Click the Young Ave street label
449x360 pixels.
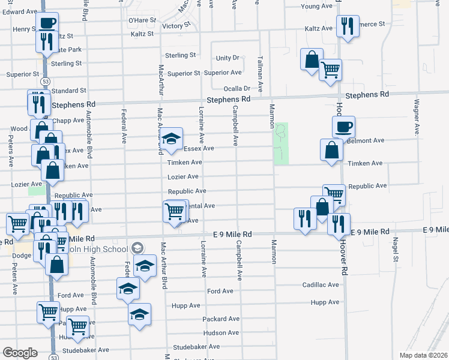pyautogui.click(x=316, y=6)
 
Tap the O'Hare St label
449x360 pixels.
pyautogui.click(x=142, y=20)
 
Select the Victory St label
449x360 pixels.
pyautogui.click(x=176, y=26)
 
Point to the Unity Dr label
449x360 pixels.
pyautogui.click(x=228, y=58)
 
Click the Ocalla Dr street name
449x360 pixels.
pyautogui.click(x=237, y=88)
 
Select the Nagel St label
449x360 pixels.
pyautogui.click(x=396, y=250)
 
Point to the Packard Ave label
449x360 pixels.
pyautogui.click(x=221, y=319)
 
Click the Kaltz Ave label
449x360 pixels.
pyautogui.click(x=318, y=28)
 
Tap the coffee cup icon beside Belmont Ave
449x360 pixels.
pyautogui.click(x=344, y=127)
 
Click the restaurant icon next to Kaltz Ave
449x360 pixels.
pyautogui.click(x=348, y=25)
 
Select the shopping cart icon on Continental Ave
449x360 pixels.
pyautogui.click(x=175, y=211)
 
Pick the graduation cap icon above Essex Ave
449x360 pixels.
pyautogui.click(x=171, y=138)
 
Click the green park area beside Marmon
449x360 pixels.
pyautogui.click(x=282, y=143)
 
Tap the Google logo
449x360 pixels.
pyautogui.click(x=20, y=353)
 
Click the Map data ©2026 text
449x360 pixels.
pyautogui.click(x=424, y=355)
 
